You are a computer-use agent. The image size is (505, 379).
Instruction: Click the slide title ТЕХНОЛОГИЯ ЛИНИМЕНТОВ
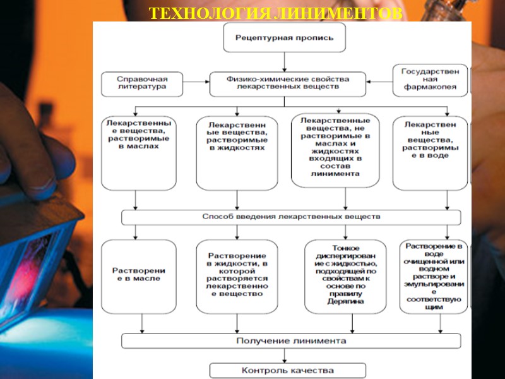point(275,13)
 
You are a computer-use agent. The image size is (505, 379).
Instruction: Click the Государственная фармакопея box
point(430,80)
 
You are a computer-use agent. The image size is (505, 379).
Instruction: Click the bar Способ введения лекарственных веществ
point(291,217)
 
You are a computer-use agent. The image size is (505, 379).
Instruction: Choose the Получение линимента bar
point(291,340)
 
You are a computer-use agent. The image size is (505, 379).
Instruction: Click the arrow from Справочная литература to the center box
point(198,82)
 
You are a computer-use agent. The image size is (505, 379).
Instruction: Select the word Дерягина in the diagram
point(345,301)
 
